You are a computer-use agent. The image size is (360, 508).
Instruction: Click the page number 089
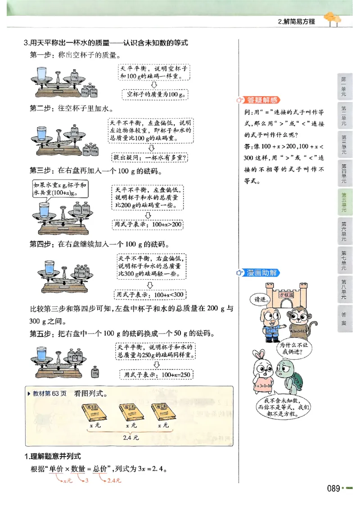click(x=333, y=488)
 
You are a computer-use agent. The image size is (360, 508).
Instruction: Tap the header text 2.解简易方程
click(x=297, y=21)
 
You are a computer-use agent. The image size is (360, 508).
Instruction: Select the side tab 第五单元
click(x=344, y=202)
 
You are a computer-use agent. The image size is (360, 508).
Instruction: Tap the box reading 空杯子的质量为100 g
click(x=155, y=94)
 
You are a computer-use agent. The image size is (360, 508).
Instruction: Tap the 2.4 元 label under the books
click(x=131, y=437)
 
